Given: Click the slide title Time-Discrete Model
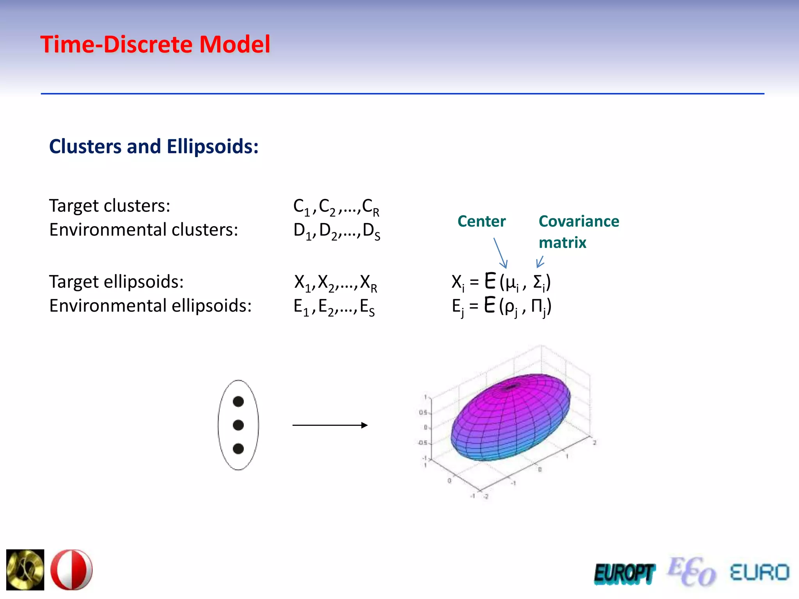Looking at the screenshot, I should coord(155,44).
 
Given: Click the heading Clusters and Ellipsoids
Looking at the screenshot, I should coord(154,147).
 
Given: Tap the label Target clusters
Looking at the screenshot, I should coord(110,206).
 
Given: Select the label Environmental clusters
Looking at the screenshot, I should coord(144,229).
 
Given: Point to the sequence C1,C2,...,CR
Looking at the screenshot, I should coord(336,207).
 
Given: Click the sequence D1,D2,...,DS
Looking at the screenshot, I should coord(336,231).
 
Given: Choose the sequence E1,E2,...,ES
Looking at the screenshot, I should coord(334,307).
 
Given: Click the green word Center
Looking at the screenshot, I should coord(481,221).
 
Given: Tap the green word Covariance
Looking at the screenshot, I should coord(579,221).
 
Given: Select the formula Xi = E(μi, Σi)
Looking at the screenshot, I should coord(501,282).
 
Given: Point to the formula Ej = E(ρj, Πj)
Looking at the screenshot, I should coord(501,306).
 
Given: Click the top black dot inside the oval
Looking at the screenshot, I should coord(238,401).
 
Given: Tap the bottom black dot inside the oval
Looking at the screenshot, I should coord(238,449).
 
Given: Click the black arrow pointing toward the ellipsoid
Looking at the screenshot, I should coord(330,425).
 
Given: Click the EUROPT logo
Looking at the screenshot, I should coord(624,574).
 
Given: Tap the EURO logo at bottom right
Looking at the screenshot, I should coord(759,572).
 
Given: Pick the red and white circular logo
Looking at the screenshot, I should coord(72,570).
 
